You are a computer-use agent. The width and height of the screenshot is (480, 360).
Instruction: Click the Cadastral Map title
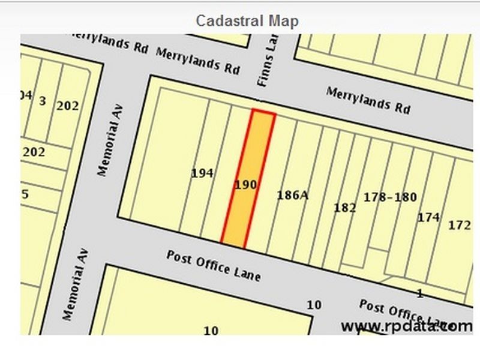pos(247,21)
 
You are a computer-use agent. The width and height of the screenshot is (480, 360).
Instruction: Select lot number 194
pos(202,173)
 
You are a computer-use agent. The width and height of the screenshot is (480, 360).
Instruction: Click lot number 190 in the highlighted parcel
pos(245,185)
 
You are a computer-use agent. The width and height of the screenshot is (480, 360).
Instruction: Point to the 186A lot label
pos(292,195)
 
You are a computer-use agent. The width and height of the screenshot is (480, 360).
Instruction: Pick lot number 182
pos(344,208)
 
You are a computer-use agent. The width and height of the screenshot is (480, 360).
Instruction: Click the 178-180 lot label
pos(390,197)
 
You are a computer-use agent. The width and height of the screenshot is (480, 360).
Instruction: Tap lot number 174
pos(428,217)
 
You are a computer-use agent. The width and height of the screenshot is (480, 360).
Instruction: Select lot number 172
pos(459,225)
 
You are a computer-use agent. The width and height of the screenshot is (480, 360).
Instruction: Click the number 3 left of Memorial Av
pos(42,101)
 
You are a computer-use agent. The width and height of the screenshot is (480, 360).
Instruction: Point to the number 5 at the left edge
pos(25,194)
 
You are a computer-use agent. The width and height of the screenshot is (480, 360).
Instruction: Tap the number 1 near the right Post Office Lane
pos(420,293)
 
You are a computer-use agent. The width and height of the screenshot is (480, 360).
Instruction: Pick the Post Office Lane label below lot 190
pos(214,265)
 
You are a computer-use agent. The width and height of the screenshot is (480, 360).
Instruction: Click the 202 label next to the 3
pos(67,106)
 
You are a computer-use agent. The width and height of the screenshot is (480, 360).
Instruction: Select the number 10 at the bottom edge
pos(211,330)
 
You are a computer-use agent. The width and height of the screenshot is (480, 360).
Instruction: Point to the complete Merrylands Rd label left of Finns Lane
pos(197,61)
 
